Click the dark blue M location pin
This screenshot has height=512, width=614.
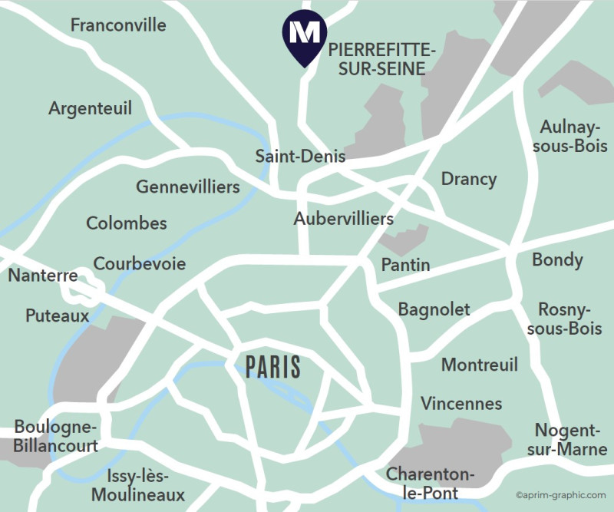[x=305, y=35]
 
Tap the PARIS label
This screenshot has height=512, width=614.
[x=273, y=367]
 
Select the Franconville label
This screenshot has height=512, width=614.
[x=118, y=25]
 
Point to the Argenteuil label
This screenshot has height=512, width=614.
[x=91, y=109]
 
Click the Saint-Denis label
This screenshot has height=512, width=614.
[x=300, y=157]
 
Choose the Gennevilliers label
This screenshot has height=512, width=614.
[x=188, y=187]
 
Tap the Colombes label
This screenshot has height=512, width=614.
[x=127, y=223]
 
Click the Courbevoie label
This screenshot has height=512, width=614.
[x=140, y=264]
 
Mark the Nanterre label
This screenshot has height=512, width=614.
[x=43, y=276]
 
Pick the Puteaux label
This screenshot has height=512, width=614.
[x=58, y=315]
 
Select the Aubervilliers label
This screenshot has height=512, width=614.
[x=344, y=219]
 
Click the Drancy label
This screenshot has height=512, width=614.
[x=469, y=180]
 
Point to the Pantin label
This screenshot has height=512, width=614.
[x=406, y=266]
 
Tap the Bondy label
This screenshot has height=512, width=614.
[x=558, y=259]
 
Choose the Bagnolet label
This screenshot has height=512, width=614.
[x=434, y=309]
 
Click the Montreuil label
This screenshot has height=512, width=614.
[x=480, y=365]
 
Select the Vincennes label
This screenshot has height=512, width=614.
[x=461, y=404]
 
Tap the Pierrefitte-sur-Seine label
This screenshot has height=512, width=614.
[x=377, y=60]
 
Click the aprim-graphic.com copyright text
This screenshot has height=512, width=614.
[x=561, y=496]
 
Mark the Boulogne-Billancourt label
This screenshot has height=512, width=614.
[x=56, y=437]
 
